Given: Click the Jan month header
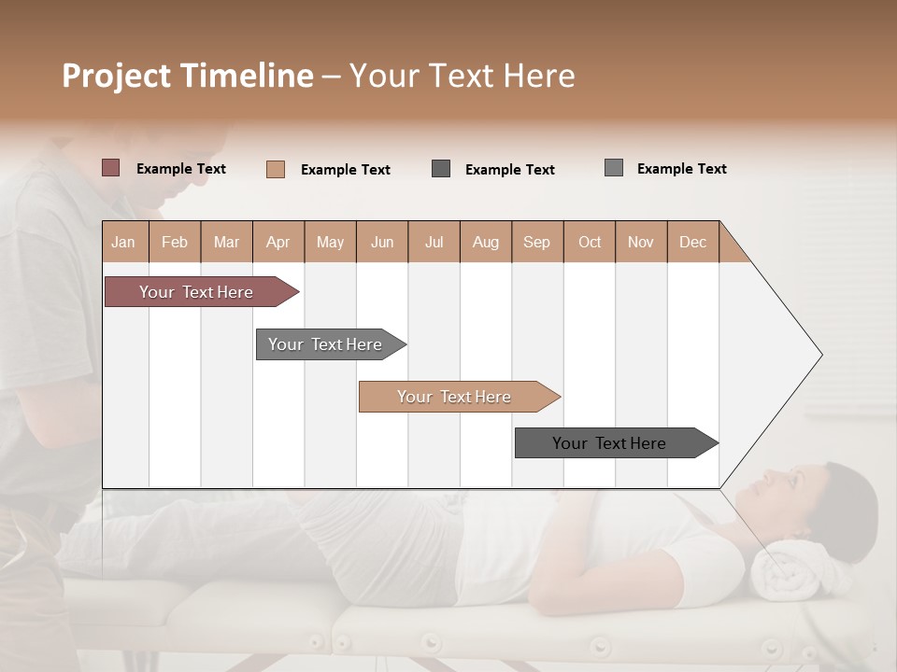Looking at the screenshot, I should point(123,242).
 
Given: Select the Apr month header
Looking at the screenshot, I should point(278,242).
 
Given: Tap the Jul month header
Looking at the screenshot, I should point(434,242).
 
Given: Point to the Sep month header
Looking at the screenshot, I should point(536,242).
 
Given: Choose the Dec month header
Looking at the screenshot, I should point(692,242).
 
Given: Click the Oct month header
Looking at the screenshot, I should point(590,242).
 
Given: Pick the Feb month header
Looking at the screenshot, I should point(175,242).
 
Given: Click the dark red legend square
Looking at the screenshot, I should point(111,168).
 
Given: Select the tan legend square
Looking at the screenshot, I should point(276,169).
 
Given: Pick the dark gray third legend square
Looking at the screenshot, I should point(441,169).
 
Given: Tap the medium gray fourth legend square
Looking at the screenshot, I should point(614,168).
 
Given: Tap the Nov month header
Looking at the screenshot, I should point(641,242).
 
